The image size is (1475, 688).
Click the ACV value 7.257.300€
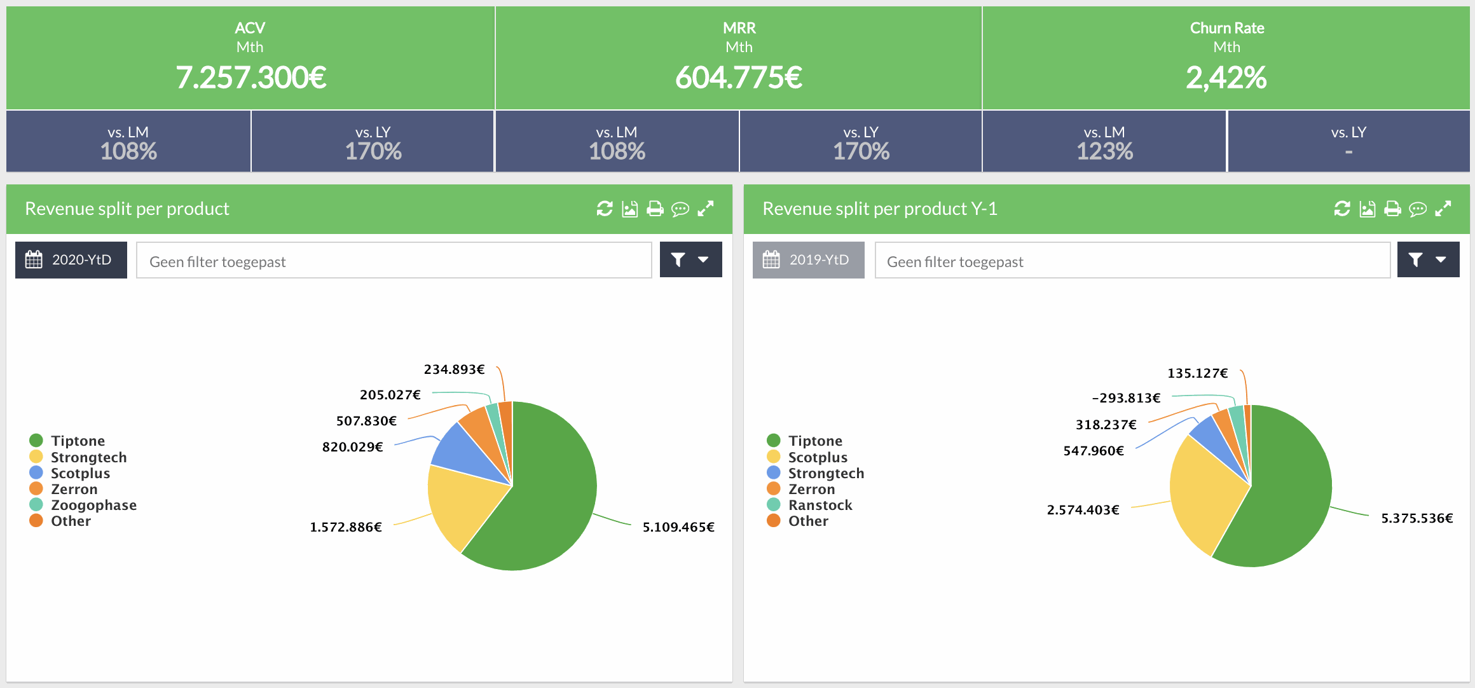[x=250, y=78]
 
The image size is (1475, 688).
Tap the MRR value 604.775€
[x=738, y=78]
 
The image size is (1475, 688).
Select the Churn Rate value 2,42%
[x=1226, y=78]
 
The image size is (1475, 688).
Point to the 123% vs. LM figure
[x=1104, y=151]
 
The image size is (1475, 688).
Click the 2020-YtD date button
[x=71, y=260]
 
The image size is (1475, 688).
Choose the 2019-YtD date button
[x=808, y=260]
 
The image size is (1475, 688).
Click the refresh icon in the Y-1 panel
[x=1341, y=209]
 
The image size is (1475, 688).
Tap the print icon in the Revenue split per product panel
[x=655, y=209]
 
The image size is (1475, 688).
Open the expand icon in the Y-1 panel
[x=1443, y=209]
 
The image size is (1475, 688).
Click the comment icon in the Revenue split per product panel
[x=680, y=209]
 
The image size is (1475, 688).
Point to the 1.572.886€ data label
[x=346, y=527]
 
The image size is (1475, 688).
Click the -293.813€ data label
[x=1126, y=398]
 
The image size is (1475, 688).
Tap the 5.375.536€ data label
[x=1417, y=518]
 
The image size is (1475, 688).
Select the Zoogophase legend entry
[x=93, y=505]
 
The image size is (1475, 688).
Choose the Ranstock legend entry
[x=820, y=505]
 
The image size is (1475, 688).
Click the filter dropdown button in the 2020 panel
[x=690, y=259]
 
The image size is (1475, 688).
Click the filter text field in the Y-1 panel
[x=1132, y=261]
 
